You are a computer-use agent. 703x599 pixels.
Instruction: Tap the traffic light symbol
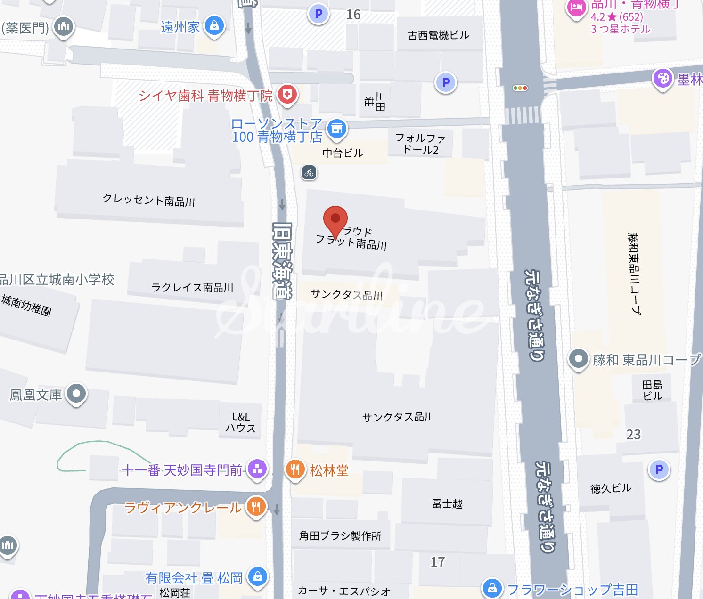pos(520,88)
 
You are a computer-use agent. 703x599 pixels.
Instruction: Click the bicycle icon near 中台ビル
pos(309,173)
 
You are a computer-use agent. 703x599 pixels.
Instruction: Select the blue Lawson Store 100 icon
pos(336,129)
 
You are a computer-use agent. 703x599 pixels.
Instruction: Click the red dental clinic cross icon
pos(287,94)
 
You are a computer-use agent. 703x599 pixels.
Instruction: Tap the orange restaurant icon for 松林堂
pos(295,469)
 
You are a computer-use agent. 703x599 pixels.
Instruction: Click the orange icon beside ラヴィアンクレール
pos(256,507)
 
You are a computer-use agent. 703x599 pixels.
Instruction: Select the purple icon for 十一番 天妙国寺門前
pos(257,469)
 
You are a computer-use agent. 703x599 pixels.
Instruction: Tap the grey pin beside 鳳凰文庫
pos(77,394)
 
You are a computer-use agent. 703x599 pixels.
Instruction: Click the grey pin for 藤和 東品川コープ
pos(578,359)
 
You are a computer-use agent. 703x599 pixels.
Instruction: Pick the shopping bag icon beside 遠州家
pos(214,26)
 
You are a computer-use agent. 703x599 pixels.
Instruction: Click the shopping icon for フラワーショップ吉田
pos(492,588)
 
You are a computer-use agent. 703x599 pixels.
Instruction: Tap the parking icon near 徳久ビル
pos(659,469)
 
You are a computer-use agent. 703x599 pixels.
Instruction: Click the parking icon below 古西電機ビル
pos(446,83)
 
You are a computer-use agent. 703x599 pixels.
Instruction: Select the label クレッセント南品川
pos(149,200)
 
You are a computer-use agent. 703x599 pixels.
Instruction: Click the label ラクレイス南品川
pos(192,287)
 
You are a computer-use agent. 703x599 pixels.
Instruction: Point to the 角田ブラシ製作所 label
pos(340,535)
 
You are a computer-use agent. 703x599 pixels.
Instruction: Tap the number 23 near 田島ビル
pos(634,434)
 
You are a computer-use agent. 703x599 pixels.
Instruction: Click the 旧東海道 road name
pos(282,260)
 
